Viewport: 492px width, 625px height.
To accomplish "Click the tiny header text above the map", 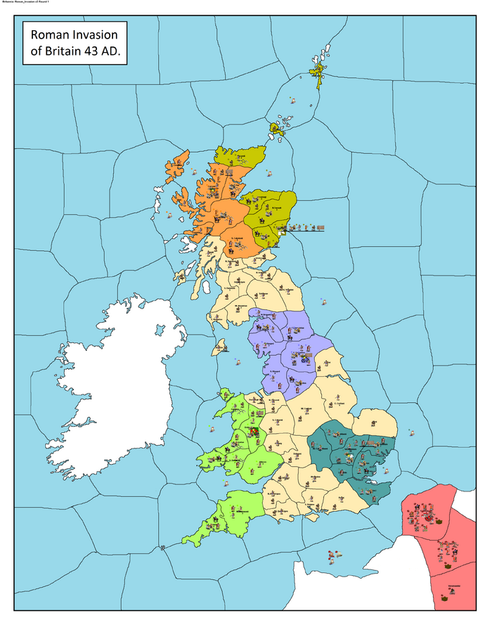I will click(x=28, y=3).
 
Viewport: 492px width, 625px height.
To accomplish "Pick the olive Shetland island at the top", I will click(x=319, y=71).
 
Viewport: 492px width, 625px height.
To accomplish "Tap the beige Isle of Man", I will click(x=221, y=346).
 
